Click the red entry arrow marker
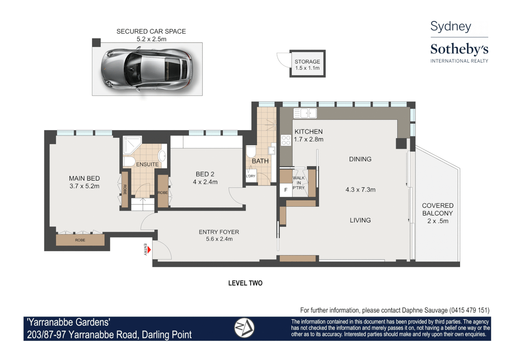coord(149,250)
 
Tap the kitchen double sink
coord(305,113)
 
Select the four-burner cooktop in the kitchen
coord(286,140)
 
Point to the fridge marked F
coord(286,190)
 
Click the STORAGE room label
coord(307,62)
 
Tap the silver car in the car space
coord(147,69)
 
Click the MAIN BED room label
coord(84,178)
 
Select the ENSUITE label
coord(147,164)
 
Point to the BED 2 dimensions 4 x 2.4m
coord(205,182)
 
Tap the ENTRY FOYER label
coord(219,232)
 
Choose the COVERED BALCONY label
coord(438,209)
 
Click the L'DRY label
coord(251,176)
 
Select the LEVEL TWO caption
coord(245,283)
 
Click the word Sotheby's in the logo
coord(459,49)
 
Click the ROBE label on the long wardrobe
coord(80,240)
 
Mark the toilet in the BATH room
coord(251,151)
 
